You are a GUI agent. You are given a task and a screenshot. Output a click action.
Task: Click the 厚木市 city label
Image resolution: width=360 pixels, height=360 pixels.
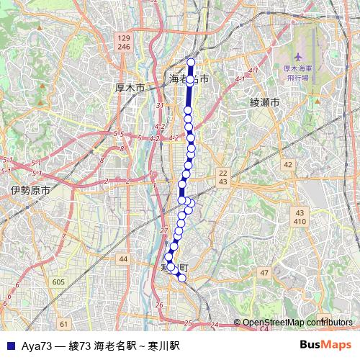coord(130,87)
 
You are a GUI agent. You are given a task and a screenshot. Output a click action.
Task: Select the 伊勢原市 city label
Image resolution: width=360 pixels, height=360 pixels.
coord(30,191)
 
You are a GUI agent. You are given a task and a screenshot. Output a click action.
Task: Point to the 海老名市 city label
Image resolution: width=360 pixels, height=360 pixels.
coord(189,78)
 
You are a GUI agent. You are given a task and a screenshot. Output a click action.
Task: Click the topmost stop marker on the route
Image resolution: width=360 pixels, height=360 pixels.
coord(191,62)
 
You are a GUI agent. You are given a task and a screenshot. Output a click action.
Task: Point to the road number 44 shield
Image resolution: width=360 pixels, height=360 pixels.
coord(124,258)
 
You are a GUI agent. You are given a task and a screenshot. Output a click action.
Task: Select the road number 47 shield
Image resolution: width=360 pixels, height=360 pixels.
coord(264,272)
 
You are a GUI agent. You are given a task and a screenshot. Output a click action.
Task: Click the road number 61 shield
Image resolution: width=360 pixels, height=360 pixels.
coord(64,324)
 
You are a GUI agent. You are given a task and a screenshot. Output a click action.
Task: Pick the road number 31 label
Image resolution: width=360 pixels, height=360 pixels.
coord(160,106)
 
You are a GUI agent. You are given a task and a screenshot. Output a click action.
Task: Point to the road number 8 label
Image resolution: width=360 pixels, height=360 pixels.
coord(102,161)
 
